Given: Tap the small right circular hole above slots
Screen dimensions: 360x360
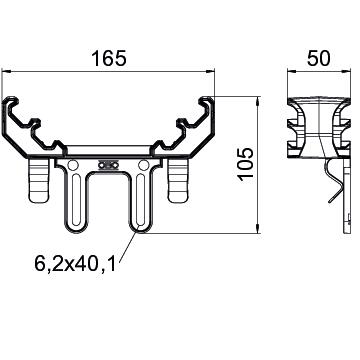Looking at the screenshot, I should (x=145, y=163).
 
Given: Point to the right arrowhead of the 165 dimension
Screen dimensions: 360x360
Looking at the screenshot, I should (x=217, y=72).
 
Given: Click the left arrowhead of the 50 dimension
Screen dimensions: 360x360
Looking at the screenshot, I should (x=290, y=72).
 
